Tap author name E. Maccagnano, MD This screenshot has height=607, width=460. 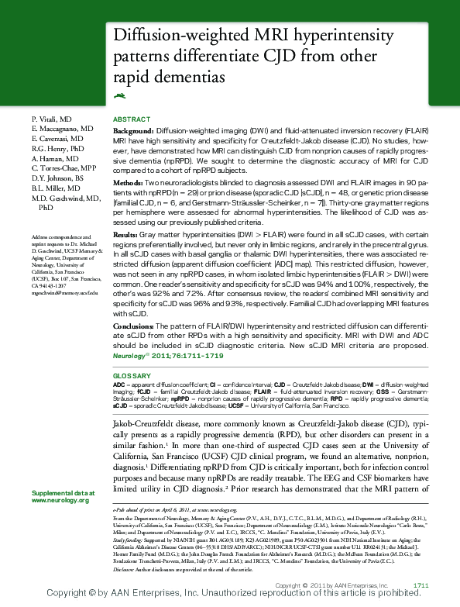(x=62, y=127)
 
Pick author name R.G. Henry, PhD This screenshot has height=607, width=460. (x=57, y=147)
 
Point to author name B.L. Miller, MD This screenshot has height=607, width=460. (x=59, y=188)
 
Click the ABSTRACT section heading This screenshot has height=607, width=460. (x=131, y=119)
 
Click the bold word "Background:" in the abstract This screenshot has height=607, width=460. (x=133, y=133)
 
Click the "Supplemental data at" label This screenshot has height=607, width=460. (x=63, y=493)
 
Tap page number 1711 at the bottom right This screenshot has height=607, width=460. (x=421, y=584)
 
